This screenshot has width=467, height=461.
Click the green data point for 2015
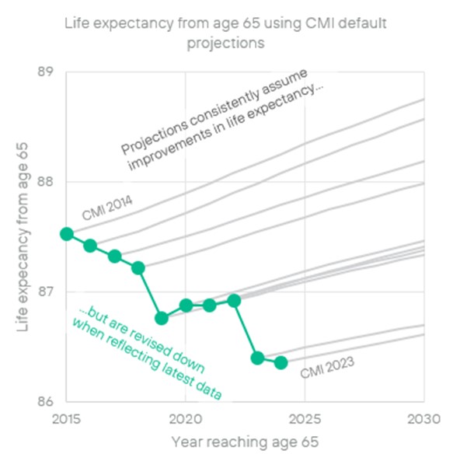tap(67, 234)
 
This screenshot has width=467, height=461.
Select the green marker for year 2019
tap(162, 318)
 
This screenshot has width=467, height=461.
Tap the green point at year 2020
tap(186, 305)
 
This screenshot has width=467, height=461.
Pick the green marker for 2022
tap(234, 300)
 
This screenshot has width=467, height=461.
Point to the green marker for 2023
tap(257, 358)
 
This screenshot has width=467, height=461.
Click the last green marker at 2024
tap(281, 362)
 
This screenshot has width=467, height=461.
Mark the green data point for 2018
tap(138, 268)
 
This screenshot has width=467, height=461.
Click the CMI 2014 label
tap(107, 208)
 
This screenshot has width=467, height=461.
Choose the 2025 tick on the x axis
tap(305, 419)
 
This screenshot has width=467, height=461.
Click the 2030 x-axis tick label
tap(423, 419)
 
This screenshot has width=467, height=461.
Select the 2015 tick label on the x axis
tap(67, 419)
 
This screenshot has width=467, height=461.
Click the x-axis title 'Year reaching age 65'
tap(246, 442)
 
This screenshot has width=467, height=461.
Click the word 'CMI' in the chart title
tap(312, 24)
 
